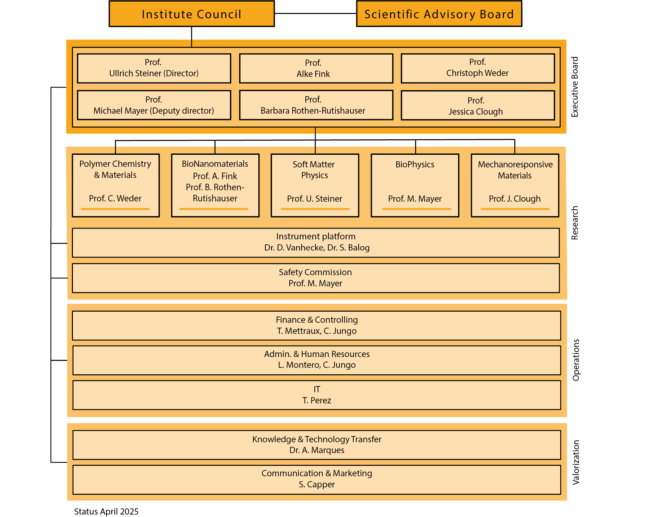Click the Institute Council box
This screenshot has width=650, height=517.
click(x=192, y=14)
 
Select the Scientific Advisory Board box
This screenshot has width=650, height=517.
click(x=439, y=14)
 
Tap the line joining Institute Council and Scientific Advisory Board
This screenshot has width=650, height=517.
click(x=316, y=13)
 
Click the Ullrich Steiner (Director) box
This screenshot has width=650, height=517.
click(x=154, y=68)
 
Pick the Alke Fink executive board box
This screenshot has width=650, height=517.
click(x=316, y=68)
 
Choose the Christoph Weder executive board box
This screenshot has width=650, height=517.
click(x=478, y=68)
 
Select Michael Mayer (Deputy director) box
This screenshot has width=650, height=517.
click(x=154, y=105)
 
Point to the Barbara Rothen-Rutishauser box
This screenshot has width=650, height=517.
click(x=316, y=105)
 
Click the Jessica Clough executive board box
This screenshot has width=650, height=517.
click(x=478, y=105)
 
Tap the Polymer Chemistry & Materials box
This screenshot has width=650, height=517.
click(x=116, y=185)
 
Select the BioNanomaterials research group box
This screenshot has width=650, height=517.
click(x=215, y=185)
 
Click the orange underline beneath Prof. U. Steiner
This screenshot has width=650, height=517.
click(x=315, y=209)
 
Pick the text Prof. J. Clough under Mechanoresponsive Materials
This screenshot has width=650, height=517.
click(x=515, y=199)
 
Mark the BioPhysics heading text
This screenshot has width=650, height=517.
click(x=415, y=164)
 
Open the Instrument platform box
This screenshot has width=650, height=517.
click(x=316, y=243)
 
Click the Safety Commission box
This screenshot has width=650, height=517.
click(x=316, y=278)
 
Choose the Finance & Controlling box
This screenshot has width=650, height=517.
click(x=317, y=326)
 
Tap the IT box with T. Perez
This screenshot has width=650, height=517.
click(x=317, y=395)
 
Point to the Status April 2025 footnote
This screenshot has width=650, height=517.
click(x=106, y=511)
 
